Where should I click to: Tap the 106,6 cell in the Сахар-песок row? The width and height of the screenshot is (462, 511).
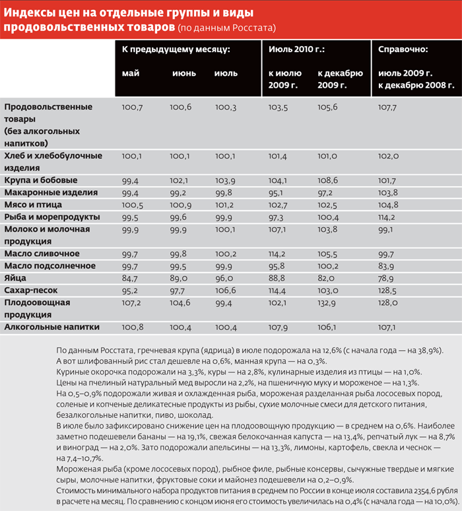(x=226, y=290)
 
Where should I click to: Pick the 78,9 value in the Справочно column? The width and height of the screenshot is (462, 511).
(x=387, y=278)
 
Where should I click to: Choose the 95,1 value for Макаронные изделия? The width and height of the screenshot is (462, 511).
(x=277, y=192)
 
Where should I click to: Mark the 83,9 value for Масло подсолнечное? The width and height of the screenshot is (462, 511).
(x=387, y=266)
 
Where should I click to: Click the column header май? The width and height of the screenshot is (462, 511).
(x=131, y=73)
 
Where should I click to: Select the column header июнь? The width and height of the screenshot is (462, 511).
(x=183, y=73)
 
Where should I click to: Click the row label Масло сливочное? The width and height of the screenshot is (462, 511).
(x=42, y=254)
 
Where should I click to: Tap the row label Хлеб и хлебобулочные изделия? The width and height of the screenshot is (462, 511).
(x=53, y=161)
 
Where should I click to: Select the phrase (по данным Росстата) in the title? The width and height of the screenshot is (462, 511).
(x=226, y=28)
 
